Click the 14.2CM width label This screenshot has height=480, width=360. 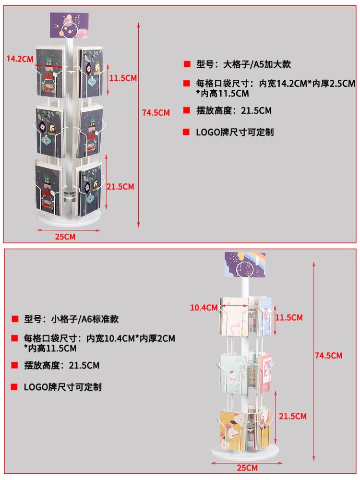pos(20,59)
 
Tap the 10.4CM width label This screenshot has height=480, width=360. pos(204,308)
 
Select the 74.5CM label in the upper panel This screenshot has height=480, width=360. pos(156,113)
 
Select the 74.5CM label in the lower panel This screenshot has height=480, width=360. pos(328,355)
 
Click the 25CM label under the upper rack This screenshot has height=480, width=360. pos(65,237)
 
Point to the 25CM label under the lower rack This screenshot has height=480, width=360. pos(247,468)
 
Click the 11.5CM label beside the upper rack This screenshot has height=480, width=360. pos(123,78)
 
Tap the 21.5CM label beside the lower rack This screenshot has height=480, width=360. pos(292,416)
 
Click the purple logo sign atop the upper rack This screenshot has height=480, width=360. pos(70,25)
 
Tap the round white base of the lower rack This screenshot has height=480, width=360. pos(245,453)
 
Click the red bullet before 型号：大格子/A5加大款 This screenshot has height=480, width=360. pos(187,64)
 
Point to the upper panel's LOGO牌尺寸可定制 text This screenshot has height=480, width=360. pos(235,132)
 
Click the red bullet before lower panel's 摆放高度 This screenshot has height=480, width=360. pos(15,365)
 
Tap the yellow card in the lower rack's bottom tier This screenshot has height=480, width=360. pos(233,431)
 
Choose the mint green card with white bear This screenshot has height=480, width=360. pos(233,374)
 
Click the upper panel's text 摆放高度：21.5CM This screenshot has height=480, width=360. pos(234,110)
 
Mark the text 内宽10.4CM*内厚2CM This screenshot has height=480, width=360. pos(131,338)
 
